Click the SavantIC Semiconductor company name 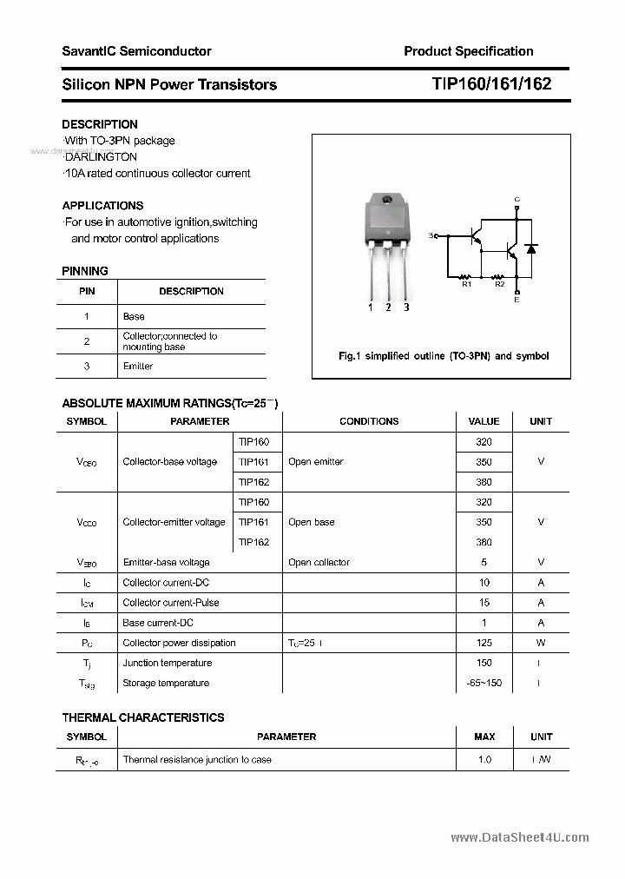tap(136, 51)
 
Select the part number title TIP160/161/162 tap(490, 84)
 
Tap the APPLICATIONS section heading tap(102, 206)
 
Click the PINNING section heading tap(85, 271)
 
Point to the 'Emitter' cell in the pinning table tap(138, 366)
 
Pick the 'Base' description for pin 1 tap(134, 316)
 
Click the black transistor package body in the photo tap(386, 221)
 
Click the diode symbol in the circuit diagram tap(531, 249)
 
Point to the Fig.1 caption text tap(443, 356)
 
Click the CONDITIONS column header tap(369, 421)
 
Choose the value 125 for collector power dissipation tap(484, 643)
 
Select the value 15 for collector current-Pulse tap(484, 603)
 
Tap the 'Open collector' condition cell tap(319, 563)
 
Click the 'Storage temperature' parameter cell tap(166, 684)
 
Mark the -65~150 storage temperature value tap(484, 684)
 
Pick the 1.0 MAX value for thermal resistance tap(484, 759)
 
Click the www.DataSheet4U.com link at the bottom tap(520, 837)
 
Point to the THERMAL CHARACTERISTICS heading tap(143, 717)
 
